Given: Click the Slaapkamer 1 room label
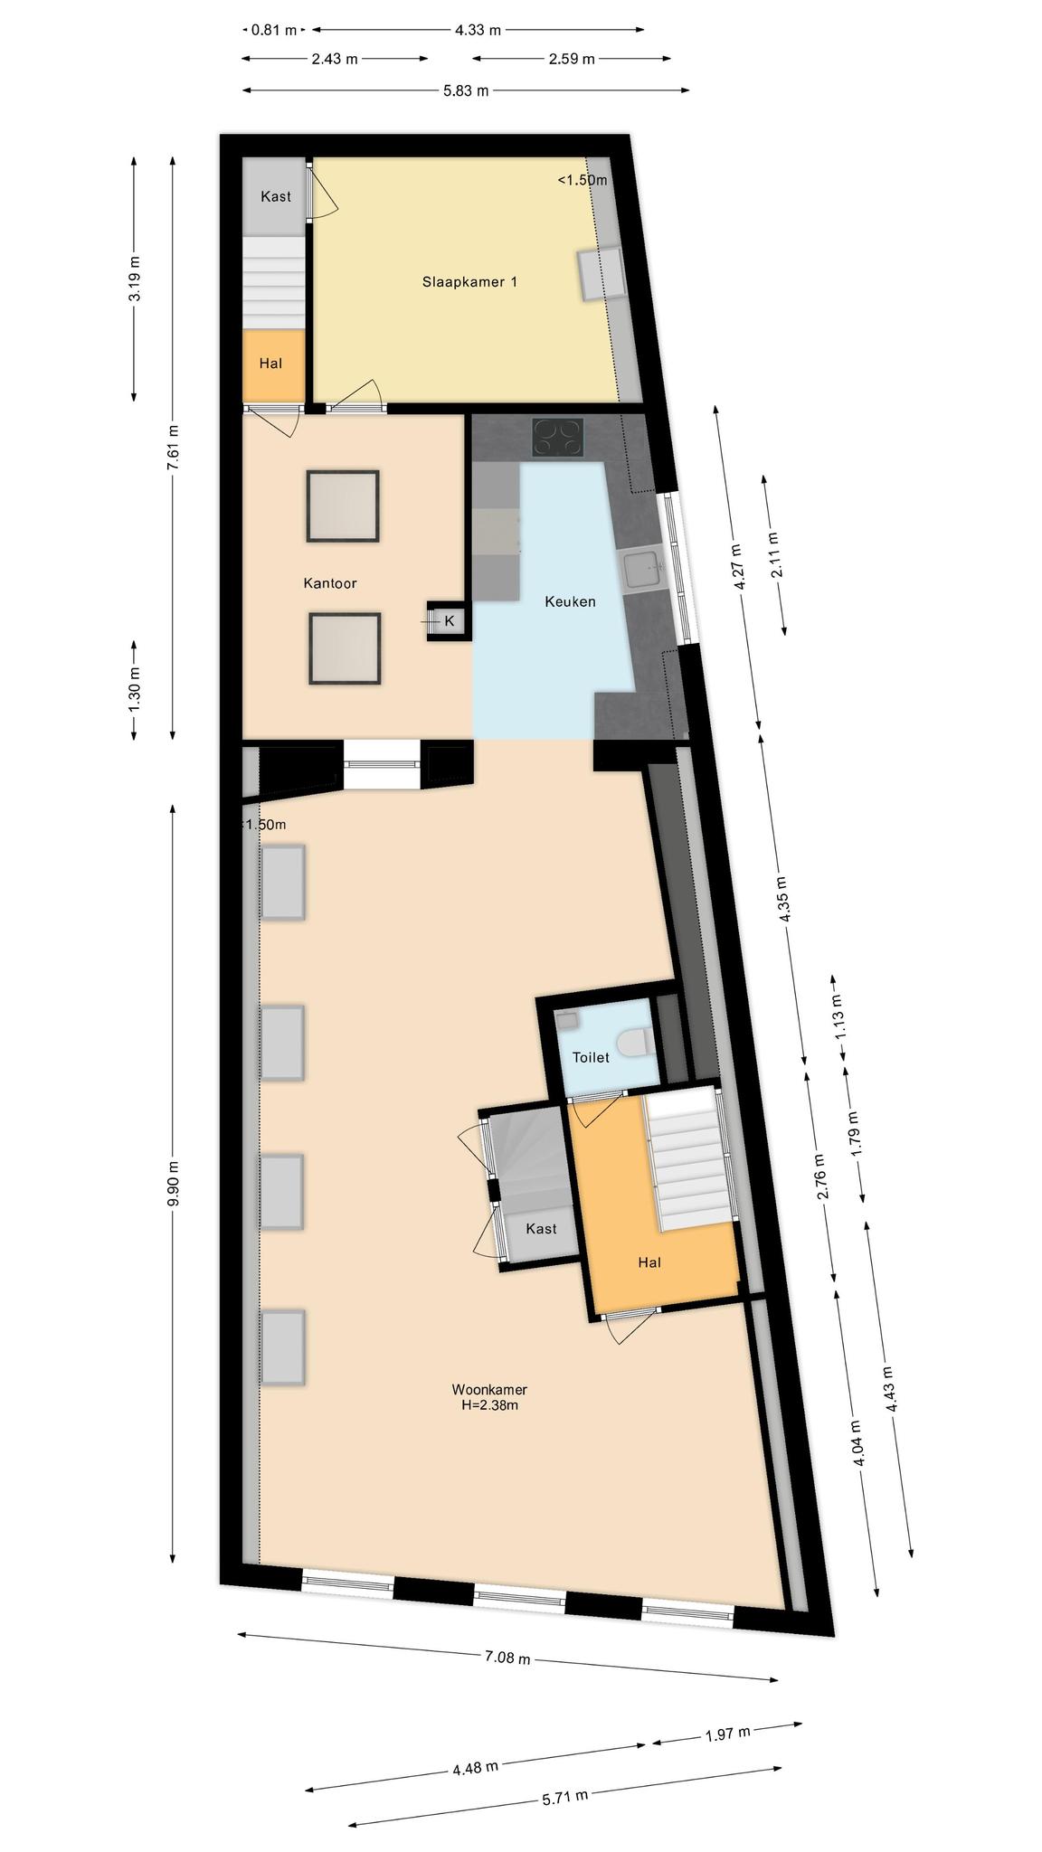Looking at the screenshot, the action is [x=469, y=282].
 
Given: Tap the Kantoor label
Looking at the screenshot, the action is [x=329, y=583].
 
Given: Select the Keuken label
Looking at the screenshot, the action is [x=570, y=601].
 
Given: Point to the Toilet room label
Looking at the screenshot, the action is [x=591, y=1057].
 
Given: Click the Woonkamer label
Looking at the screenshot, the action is [x=489, y=1390].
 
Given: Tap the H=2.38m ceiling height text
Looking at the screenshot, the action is [x=489, y=1405].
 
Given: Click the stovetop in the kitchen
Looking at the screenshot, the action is [x=558, y=438].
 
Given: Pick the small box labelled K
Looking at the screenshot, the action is [x=449, y=621].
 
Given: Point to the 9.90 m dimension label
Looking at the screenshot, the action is [x=174, y=1184].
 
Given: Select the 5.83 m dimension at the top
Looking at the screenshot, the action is [x=466, y=90].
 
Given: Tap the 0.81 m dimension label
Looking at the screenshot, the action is [x=274, y=30].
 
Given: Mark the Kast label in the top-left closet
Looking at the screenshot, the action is [x=276, y=196].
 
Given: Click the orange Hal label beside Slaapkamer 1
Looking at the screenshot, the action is [x=270, y=364].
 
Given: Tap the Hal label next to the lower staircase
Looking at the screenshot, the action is [x=649, y=1262].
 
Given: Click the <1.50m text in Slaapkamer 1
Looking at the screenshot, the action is [x=582, y=180].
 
